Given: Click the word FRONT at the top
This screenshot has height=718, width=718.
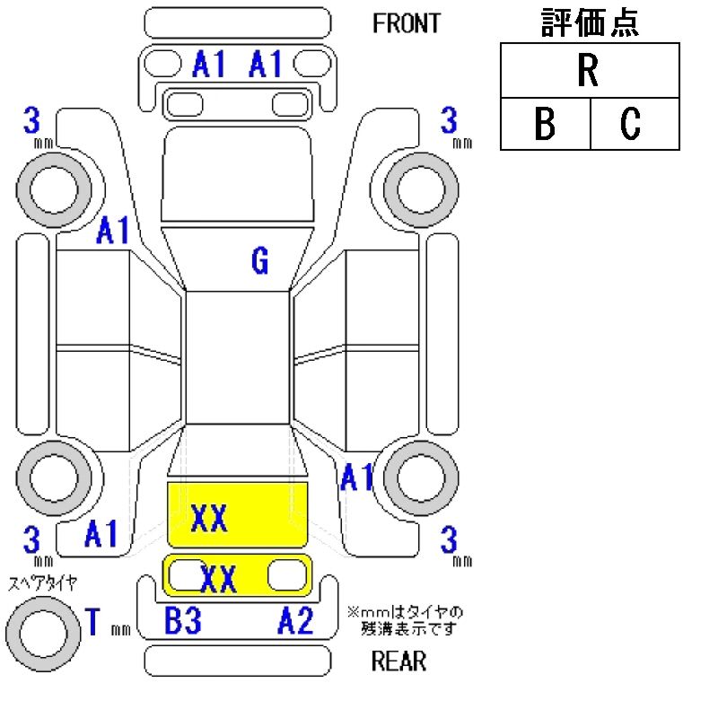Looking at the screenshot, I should coord(407,23).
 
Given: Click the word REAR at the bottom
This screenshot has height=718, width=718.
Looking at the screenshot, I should coord(398,662).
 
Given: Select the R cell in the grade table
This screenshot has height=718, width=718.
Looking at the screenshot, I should coord(589,73).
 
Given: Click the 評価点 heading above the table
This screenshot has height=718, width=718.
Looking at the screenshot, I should coord(590,22).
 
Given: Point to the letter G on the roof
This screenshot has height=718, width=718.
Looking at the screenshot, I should coord(259,261).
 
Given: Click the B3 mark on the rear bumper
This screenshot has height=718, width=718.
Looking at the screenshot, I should coord(182,620).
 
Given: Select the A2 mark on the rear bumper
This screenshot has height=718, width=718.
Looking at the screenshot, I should coord(295,620).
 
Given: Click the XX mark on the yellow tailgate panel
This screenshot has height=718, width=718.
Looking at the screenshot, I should coord(218,579).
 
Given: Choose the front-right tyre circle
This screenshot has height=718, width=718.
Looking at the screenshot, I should coord(417,188).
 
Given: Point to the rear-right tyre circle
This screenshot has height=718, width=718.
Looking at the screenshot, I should coord(417,472).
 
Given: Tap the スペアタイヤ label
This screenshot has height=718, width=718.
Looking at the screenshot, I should coord(43,582).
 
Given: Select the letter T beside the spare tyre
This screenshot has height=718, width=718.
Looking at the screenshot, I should coord(92,620).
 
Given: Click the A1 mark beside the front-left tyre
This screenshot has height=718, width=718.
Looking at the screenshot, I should coord(113,232).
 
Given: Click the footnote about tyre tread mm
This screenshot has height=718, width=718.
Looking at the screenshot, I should coord(405,619).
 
